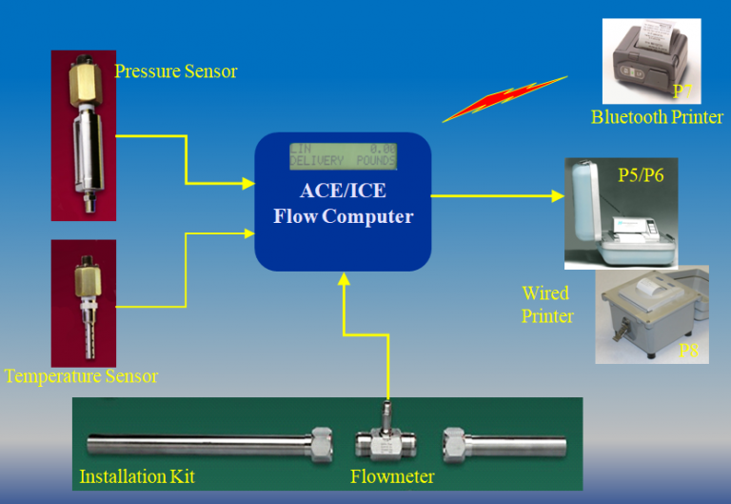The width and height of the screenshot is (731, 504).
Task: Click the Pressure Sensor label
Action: point(175,71)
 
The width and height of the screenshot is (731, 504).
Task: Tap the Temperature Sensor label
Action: point(81,376)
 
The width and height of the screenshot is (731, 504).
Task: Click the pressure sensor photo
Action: point(83,134)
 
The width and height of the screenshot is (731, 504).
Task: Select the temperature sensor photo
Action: point(83,300)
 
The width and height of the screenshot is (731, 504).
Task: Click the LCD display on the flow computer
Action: point(343,155)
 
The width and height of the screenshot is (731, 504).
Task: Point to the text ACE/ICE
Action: point(343,191)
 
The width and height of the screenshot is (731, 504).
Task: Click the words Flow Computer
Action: point(343,216)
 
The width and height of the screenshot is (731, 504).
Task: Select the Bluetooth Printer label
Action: point(657,118)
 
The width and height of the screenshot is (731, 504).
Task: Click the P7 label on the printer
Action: point(682,92)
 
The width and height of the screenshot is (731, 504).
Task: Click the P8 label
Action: point(689,352)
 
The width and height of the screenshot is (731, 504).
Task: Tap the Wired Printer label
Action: point(547,304)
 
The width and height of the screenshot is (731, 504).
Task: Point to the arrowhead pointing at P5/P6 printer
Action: point(556,196)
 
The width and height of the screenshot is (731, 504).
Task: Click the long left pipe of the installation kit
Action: point(200,444)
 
